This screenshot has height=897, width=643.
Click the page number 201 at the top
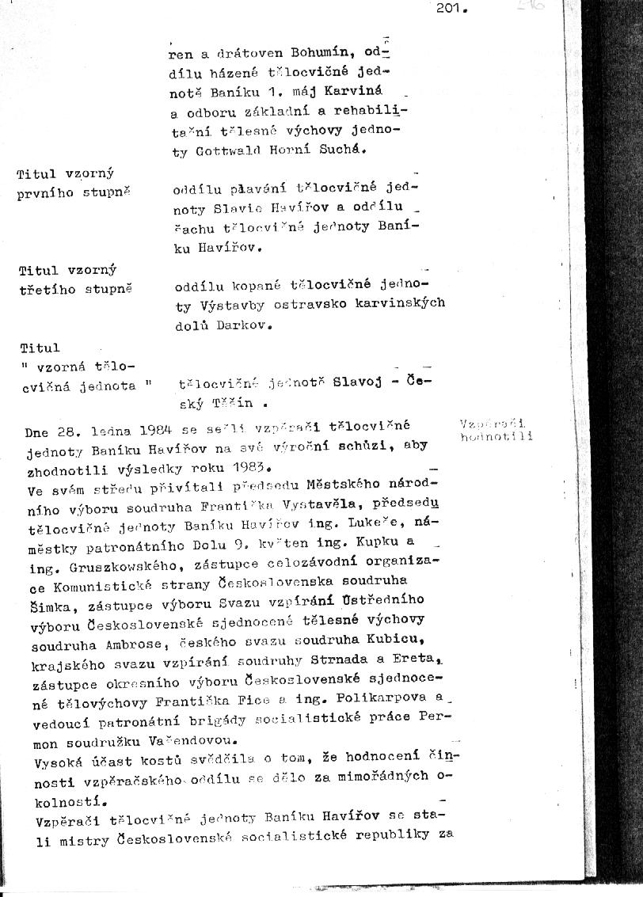point(451,10)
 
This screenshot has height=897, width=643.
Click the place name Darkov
point(243,324)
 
